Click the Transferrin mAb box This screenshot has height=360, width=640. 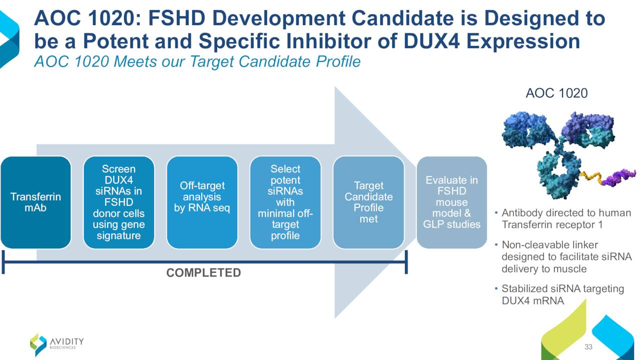[35, 202]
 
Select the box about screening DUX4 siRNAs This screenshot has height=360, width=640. [119, 202]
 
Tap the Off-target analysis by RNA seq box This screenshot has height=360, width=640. [202, 202]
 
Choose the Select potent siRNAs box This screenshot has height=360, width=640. [285, 202]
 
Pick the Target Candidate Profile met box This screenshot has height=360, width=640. [368, 202]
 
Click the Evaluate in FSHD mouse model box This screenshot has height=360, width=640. [451, 202]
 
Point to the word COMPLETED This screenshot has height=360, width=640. [203, 273]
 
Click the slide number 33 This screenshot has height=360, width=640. [588, 346]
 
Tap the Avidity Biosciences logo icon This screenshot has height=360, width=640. [38, 344]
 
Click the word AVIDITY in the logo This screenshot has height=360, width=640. [67, 341]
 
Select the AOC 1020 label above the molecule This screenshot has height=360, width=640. [556, 93]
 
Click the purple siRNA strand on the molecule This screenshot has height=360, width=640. [618, 177]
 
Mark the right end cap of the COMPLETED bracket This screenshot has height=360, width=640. [406, 262]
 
